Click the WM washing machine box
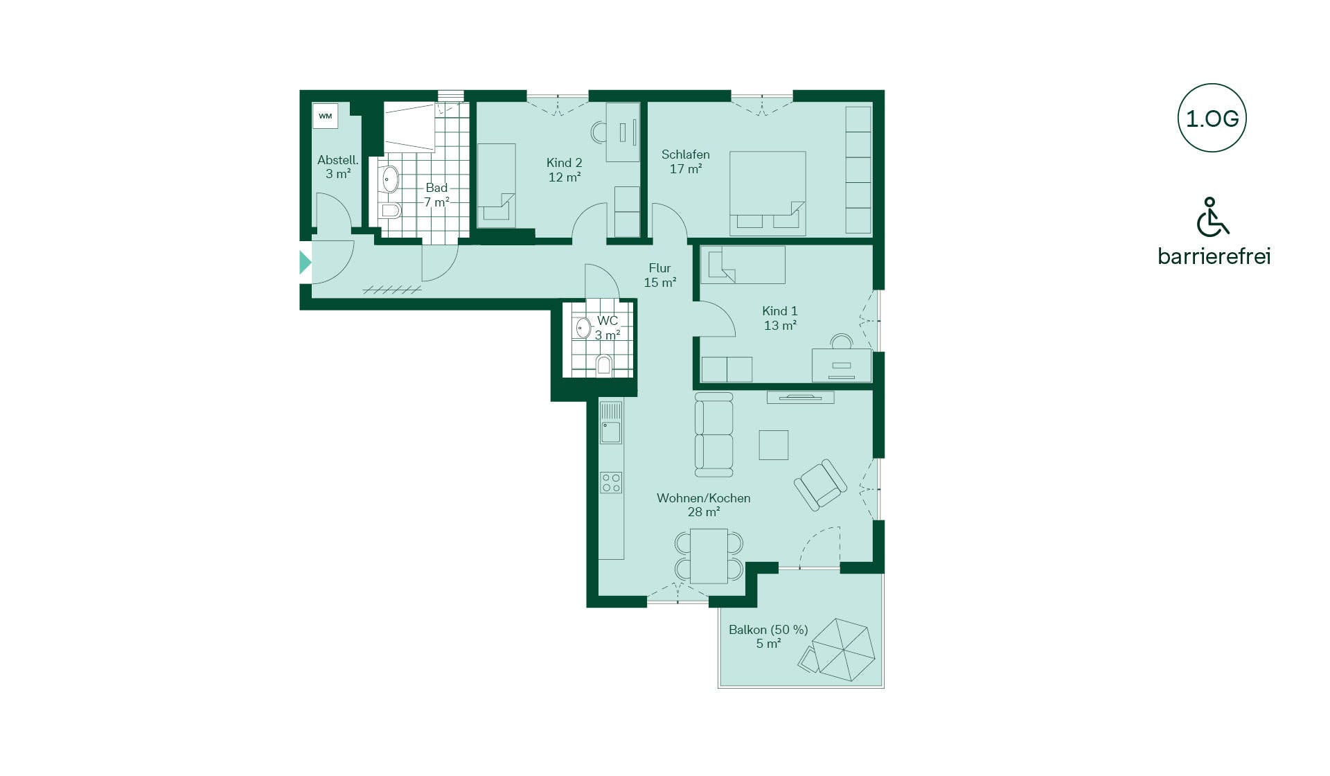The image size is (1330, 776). click(x=325, y=116)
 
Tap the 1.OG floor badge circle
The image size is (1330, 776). click(x=1212, y=118)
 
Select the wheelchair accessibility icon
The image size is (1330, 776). click(x=1212, y=216)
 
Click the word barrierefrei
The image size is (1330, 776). click(x=1214, y=256)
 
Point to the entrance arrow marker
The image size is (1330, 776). click(x=305, y=263)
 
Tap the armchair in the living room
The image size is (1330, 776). click(x=820, y=484)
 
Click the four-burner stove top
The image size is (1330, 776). click(x=611, y=482)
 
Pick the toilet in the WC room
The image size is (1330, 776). click(x=604, y=364)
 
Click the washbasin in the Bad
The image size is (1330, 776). click(x=390, y=179)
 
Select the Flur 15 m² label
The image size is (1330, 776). click(x=659, y=275)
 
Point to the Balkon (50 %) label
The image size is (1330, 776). click(x=768, y=637)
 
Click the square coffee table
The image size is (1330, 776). click(x=774, y=445)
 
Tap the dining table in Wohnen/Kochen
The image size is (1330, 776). click(x=709, y=556)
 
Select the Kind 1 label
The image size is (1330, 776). click(x=780, y=318)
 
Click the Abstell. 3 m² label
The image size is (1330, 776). click(x=338, y=167)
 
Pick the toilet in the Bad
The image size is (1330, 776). click(x=390, y=211)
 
